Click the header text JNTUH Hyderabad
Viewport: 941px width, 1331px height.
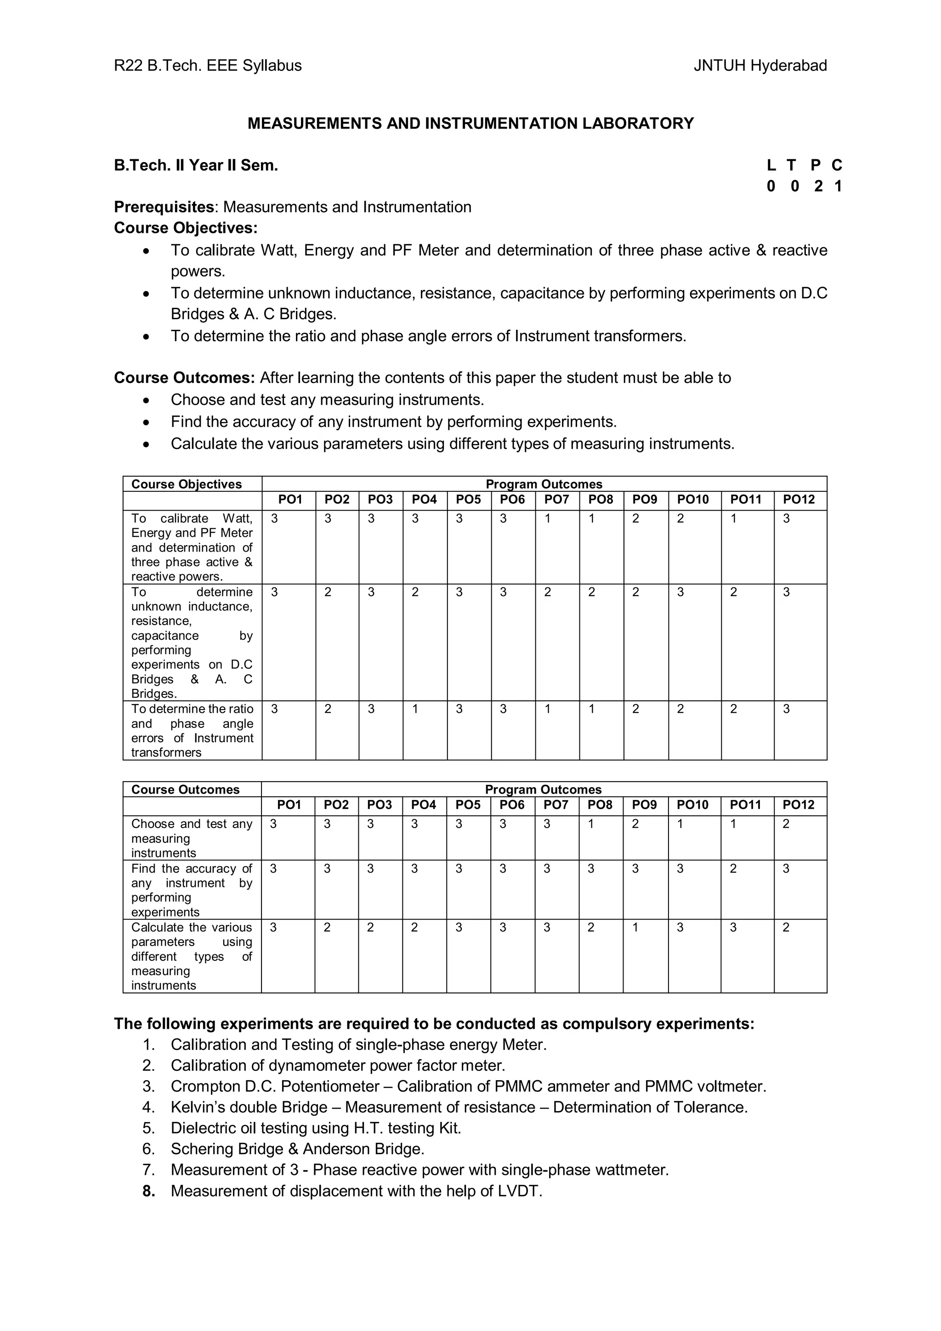(x=760, y=66)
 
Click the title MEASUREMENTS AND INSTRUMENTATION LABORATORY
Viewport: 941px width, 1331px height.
(x=470, y=124)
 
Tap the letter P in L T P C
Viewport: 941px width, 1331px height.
(x=815, y=166)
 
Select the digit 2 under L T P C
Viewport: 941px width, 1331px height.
(x=818, y=186)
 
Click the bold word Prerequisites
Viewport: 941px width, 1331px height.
(x=164, y=207)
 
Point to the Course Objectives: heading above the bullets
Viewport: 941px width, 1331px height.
(x=186, y=228)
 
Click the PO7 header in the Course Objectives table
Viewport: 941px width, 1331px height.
(x=556, y=500)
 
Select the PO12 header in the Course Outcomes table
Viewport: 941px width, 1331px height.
(x=799, y=805)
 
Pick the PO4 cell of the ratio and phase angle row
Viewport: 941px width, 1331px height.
(x=415, y=710)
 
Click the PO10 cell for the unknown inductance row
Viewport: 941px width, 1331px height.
(x=680, y=592)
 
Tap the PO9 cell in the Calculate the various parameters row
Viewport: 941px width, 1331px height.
(x=635, y=928)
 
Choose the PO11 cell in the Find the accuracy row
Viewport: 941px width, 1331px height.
(x=733, y=869)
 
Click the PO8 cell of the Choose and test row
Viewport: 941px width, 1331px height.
(x=591, y=824)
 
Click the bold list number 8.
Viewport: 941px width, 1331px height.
(x=148, y=1191)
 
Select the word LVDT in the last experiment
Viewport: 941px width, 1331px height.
(x=518, y=1191)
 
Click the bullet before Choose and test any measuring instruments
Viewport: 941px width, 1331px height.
(x=147, y=400)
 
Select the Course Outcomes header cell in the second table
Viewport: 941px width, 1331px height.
(x=185, y=790)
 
